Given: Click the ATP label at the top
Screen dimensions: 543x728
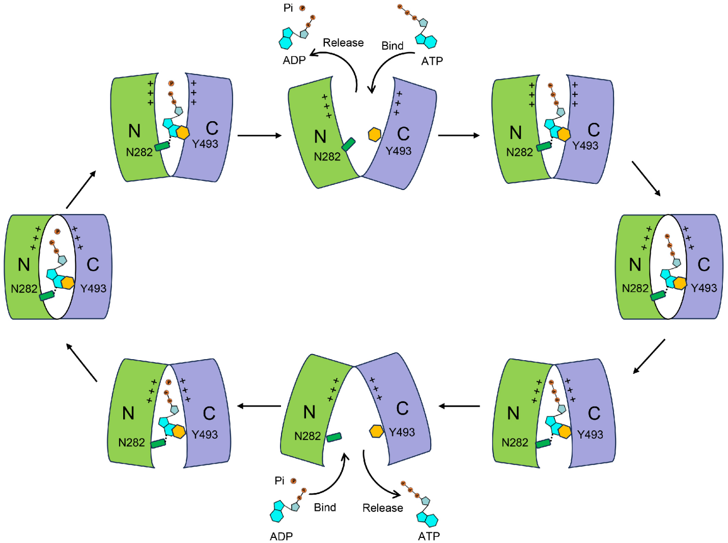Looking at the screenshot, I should click(x=432, y=61).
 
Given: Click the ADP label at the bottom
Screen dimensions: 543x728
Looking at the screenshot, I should click(x=281, y=536).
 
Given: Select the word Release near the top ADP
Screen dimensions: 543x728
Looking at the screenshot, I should click(x=343, y=43).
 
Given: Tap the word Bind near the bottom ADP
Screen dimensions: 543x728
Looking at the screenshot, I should click(x=325, y=507).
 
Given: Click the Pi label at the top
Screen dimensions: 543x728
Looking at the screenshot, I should click(x=288, y=8).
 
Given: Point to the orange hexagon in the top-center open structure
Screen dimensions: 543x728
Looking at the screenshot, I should click(x=375, y=134).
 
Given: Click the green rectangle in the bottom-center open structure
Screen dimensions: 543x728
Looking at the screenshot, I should click(x=334, y=437).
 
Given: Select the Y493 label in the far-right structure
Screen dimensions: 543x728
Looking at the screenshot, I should click(x=704, y=288).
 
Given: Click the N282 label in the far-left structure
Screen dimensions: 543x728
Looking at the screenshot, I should click(x=24, y=289).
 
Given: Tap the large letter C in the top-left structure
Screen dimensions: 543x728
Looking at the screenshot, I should click(x=212, y=128).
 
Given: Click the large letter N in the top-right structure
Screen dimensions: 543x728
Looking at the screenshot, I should click(x=516, y=133).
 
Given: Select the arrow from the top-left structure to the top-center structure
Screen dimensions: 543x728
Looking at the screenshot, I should click(x=260, y=135).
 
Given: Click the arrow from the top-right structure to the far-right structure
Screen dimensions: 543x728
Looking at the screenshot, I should click(x=646, y=178).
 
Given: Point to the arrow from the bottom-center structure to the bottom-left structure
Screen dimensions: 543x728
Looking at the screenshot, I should click(x=259, y=406).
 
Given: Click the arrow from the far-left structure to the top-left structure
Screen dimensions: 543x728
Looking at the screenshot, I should click(x=81, y=189).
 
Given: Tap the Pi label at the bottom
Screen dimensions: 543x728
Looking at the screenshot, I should click(x=279, y=480).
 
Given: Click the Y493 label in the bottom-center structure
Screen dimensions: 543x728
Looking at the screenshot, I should click(x=402, y=432).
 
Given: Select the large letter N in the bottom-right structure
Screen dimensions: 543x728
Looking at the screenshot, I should click(x=513, y=413).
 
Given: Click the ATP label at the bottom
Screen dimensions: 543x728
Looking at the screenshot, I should click(x=429, y=536).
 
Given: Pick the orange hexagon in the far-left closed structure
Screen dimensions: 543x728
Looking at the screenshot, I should click(x=67, y=282).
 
